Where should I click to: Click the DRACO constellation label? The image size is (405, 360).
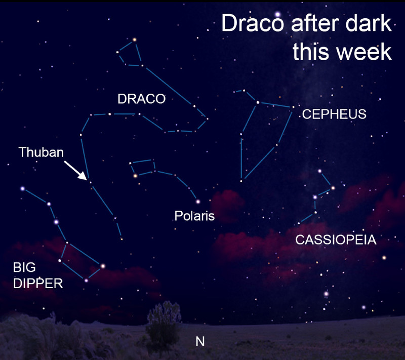tap(142, 99)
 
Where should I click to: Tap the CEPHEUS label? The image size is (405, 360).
tap(334, 114)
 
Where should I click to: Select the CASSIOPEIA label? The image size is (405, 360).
tap(336, 239)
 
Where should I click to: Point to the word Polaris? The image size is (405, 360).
tap(194, 216)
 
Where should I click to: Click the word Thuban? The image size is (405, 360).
tap(42, 152)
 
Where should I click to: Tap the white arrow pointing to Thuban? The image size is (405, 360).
tap(75, 171)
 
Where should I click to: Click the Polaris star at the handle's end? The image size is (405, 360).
tap(198, 202)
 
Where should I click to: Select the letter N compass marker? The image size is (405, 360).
tap(200, 341)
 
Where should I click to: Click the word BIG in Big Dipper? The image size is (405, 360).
tap(24, 267)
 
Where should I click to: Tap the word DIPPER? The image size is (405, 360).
tap(38, 284)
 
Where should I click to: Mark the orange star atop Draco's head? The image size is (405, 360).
tap(134, 40)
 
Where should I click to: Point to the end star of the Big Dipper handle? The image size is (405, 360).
tap(23, 189)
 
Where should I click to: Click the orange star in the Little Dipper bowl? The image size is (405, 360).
tap(135, 176)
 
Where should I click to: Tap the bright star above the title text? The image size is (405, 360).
tap(277, 14)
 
